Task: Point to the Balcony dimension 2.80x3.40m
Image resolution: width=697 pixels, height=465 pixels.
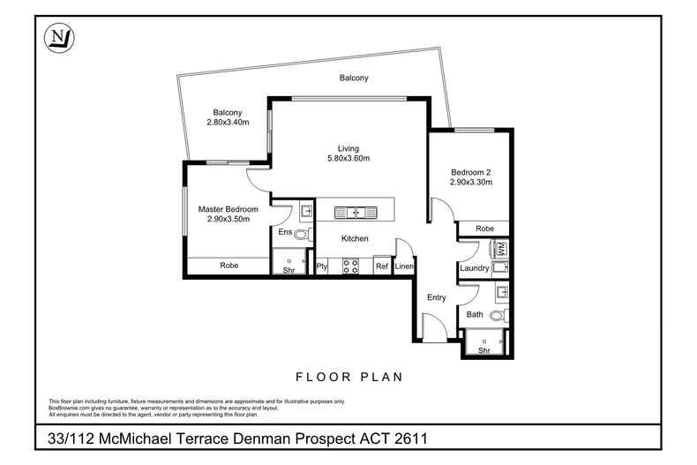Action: point(228,122)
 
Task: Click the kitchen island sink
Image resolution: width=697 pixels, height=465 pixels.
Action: point(356,212)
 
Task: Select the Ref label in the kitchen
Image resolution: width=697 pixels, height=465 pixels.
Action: point(382,266)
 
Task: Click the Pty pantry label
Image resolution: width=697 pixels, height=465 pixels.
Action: point(323,266)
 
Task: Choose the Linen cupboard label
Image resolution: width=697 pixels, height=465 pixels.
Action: point(405,266)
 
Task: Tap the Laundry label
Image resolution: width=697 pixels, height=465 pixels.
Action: point(474,267)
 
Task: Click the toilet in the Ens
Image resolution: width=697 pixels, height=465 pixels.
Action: point(302,234)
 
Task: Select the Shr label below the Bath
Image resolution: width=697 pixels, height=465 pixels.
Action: point(483,350)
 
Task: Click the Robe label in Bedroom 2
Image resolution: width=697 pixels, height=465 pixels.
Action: point(484,228)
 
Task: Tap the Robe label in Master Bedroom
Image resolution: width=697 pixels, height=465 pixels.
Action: point(229,265)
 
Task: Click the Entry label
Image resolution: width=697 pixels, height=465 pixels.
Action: point(437,298)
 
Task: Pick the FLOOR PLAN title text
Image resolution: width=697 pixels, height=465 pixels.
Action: point(348,377)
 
